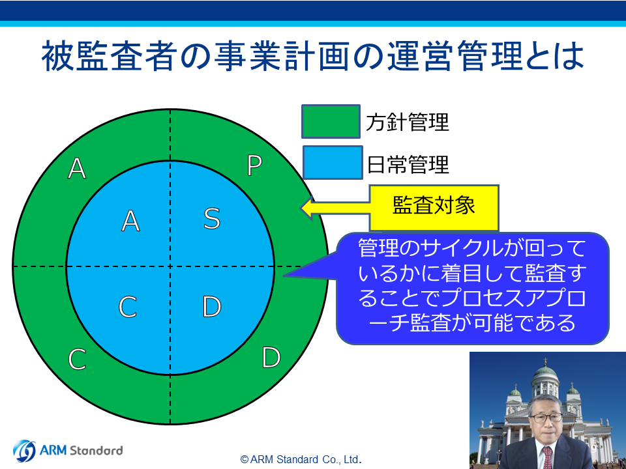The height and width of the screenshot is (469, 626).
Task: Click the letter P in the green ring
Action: (x=255, y=165)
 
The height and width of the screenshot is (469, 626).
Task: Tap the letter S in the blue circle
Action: (x=212, y=219)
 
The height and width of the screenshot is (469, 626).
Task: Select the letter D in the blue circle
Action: (x=211, y=306)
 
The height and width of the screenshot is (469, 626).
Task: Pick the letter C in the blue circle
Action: (x=128, y=307)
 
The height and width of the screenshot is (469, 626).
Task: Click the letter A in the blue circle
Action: (x=130, y=221)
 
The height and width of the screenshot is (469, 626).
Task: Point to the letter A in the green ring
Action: (x=77, y=168)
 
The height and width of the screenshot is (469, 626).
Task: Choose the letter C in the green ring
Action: (x=77, y=359)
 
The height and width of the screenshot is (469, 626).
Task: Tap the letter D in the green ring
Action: (x=271, y=357)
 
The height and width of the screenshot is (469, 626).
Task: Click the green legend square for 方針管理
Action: (x=331, y=122)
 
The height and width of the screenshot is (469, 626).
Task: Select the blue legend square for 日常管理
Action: (x=333, y=162)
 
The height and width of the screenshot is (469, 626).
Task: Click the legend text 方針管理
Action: (x=408, y=122)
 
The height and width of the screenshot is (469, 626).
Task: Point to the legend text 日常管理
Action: (x=408, y=164)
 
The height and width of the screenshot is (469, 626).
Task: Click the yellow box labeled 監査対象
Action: (x=434, y=207)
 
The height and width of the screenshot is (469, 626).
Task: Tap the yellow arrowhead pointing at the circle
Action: (x=307, y=208)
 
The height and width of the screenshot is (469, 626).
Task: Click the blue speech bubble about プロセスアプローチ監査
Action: (x=472, y=288)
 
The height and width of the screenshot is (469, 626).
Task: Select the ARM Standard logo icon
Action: (x=24, y=451)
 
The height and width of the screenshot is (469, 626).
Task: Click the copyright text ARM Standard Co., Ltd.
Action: (x=301, y=459)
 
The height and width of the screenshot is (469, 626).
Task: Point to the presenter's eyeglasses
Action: (x=545, y=418)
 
